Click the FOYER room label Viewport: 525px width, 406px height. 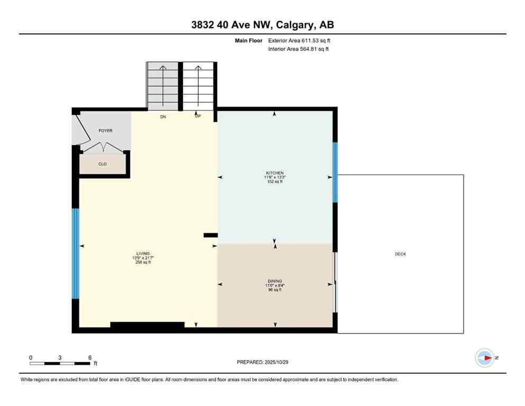click(105, 131)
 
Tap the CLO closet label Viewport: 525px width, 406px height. click(103, 164)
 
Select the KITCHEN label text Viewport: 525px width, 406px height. click(275, 173)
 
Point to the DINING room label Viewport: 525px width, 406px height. click(274, 281)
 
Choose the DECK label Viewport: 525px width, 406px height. click(400, 254)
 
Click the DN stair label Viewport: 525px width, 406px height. click(163, 117)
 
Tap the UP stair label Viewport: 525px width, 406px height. click(198, 117)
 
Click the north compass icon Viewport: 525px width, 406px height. click(484, 358)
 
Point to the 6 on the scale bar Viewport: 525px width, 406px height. click(90, 358)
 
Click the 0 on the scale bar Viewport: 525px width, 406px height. click(31, 358)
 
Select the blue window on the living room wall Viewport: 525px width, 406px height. click(76, 254)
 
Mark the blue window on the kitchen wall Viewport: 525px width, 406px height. click(335, 172)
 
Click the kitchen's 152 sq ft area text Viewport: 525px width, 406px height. click(275, 182)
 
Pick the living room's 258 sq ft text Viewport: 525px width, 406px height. click(143, 262)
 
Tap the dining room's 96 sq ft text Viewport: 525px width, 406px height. click(274, 290)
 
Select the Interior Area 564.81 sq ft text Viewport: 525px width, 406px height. click(299, 49)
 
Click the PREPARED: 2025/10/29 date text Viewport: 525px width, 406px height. click(263, 362)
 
